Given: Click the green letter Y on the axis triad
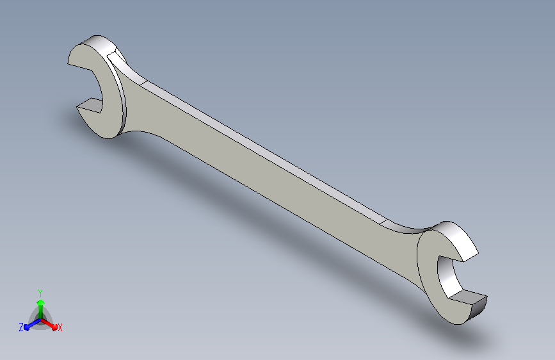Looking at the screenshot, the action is coord(40,293).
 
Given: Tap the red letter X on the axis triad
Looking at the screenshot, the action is coord(60,327).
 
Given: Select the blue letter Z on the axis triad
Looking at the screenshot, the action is coord(21,327).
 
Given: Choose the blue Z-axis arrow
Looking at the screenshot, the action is coord(33,324).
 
